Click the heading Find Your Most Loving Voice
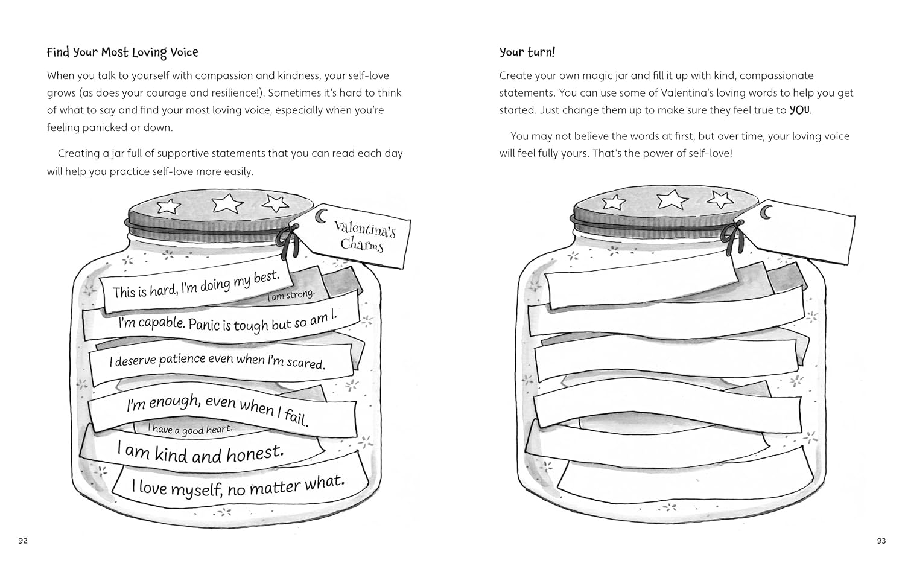[122, 52]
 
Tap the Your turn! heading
[527, 52]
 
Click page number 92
[23, 541]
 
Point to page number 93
[881, 541]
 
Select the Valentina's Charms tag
[355, 236]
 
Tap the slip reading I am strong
[291, 295]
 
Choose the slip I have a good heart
[190, 429]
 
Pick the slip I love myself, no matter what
[238, 486]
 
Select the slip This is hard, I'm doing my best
[196, 285]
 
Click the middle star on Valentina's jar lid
[227, 203]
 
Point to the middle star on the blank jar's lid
[672, 199]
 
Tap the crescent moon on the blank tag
[766, 212]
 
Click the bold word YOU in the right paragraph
[799, 110]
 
